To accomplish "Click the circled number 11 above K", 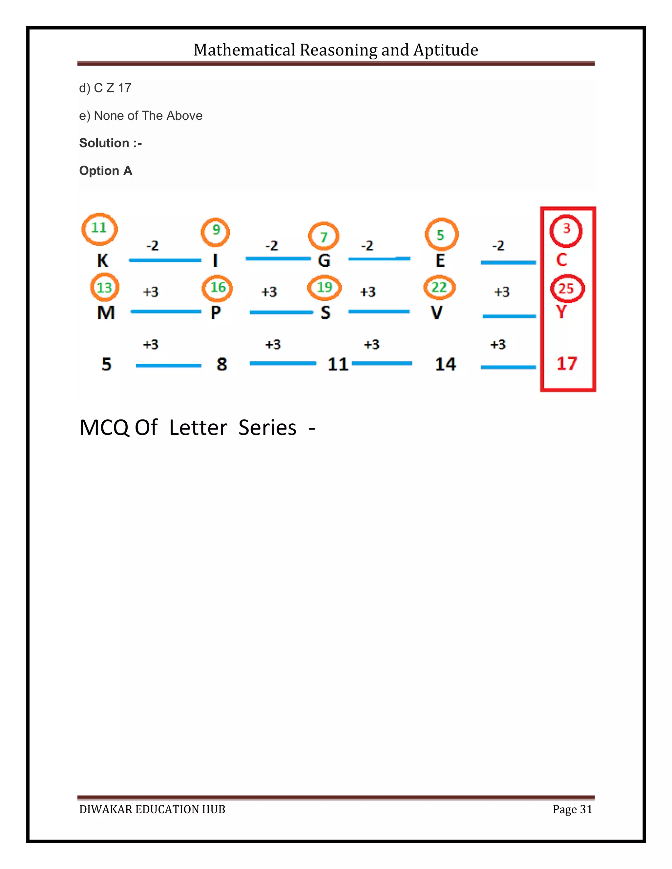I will click(99, 228).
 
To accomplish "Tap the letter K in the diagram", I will click(102, 261).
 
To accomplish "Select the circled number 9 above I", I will click(215, 231).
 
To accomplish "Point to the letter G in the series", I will click(324, 261).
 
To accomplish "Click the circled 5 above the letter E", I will click(441, 234).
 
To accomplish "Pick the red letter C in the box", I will click(561, 260).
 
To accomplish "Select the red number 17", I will click(566, 363).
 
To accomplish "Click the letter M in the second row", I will click(106, 312).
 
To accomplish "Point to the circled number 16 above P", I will click(217, 288).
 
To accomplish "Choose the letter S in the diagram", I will click(325, 312).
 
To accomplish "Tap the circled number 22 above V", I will click(439, 287).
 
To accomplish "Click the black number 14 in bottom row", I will click(445, 364).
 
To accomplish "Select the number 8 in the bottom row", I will click(222, 364).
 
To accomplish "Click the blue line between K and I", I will click(165, 260).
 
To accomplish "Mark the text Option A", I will click(106, 171).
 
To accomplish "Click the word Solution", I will click(104, 143).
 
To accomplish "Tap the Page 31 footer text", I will click(572, 809).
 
